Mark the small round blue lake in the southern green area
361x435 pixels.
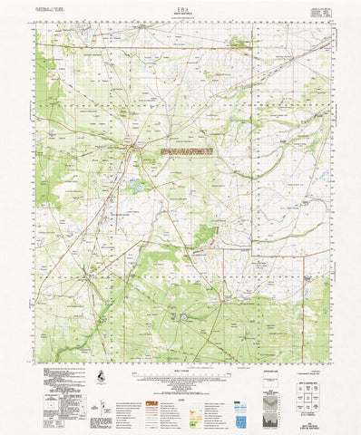188,318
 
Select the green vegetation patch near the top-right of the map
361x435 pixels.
240,41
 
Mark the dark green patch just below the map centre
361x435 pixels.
207,236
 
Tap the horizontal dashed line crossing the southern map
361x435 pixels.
181,272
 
